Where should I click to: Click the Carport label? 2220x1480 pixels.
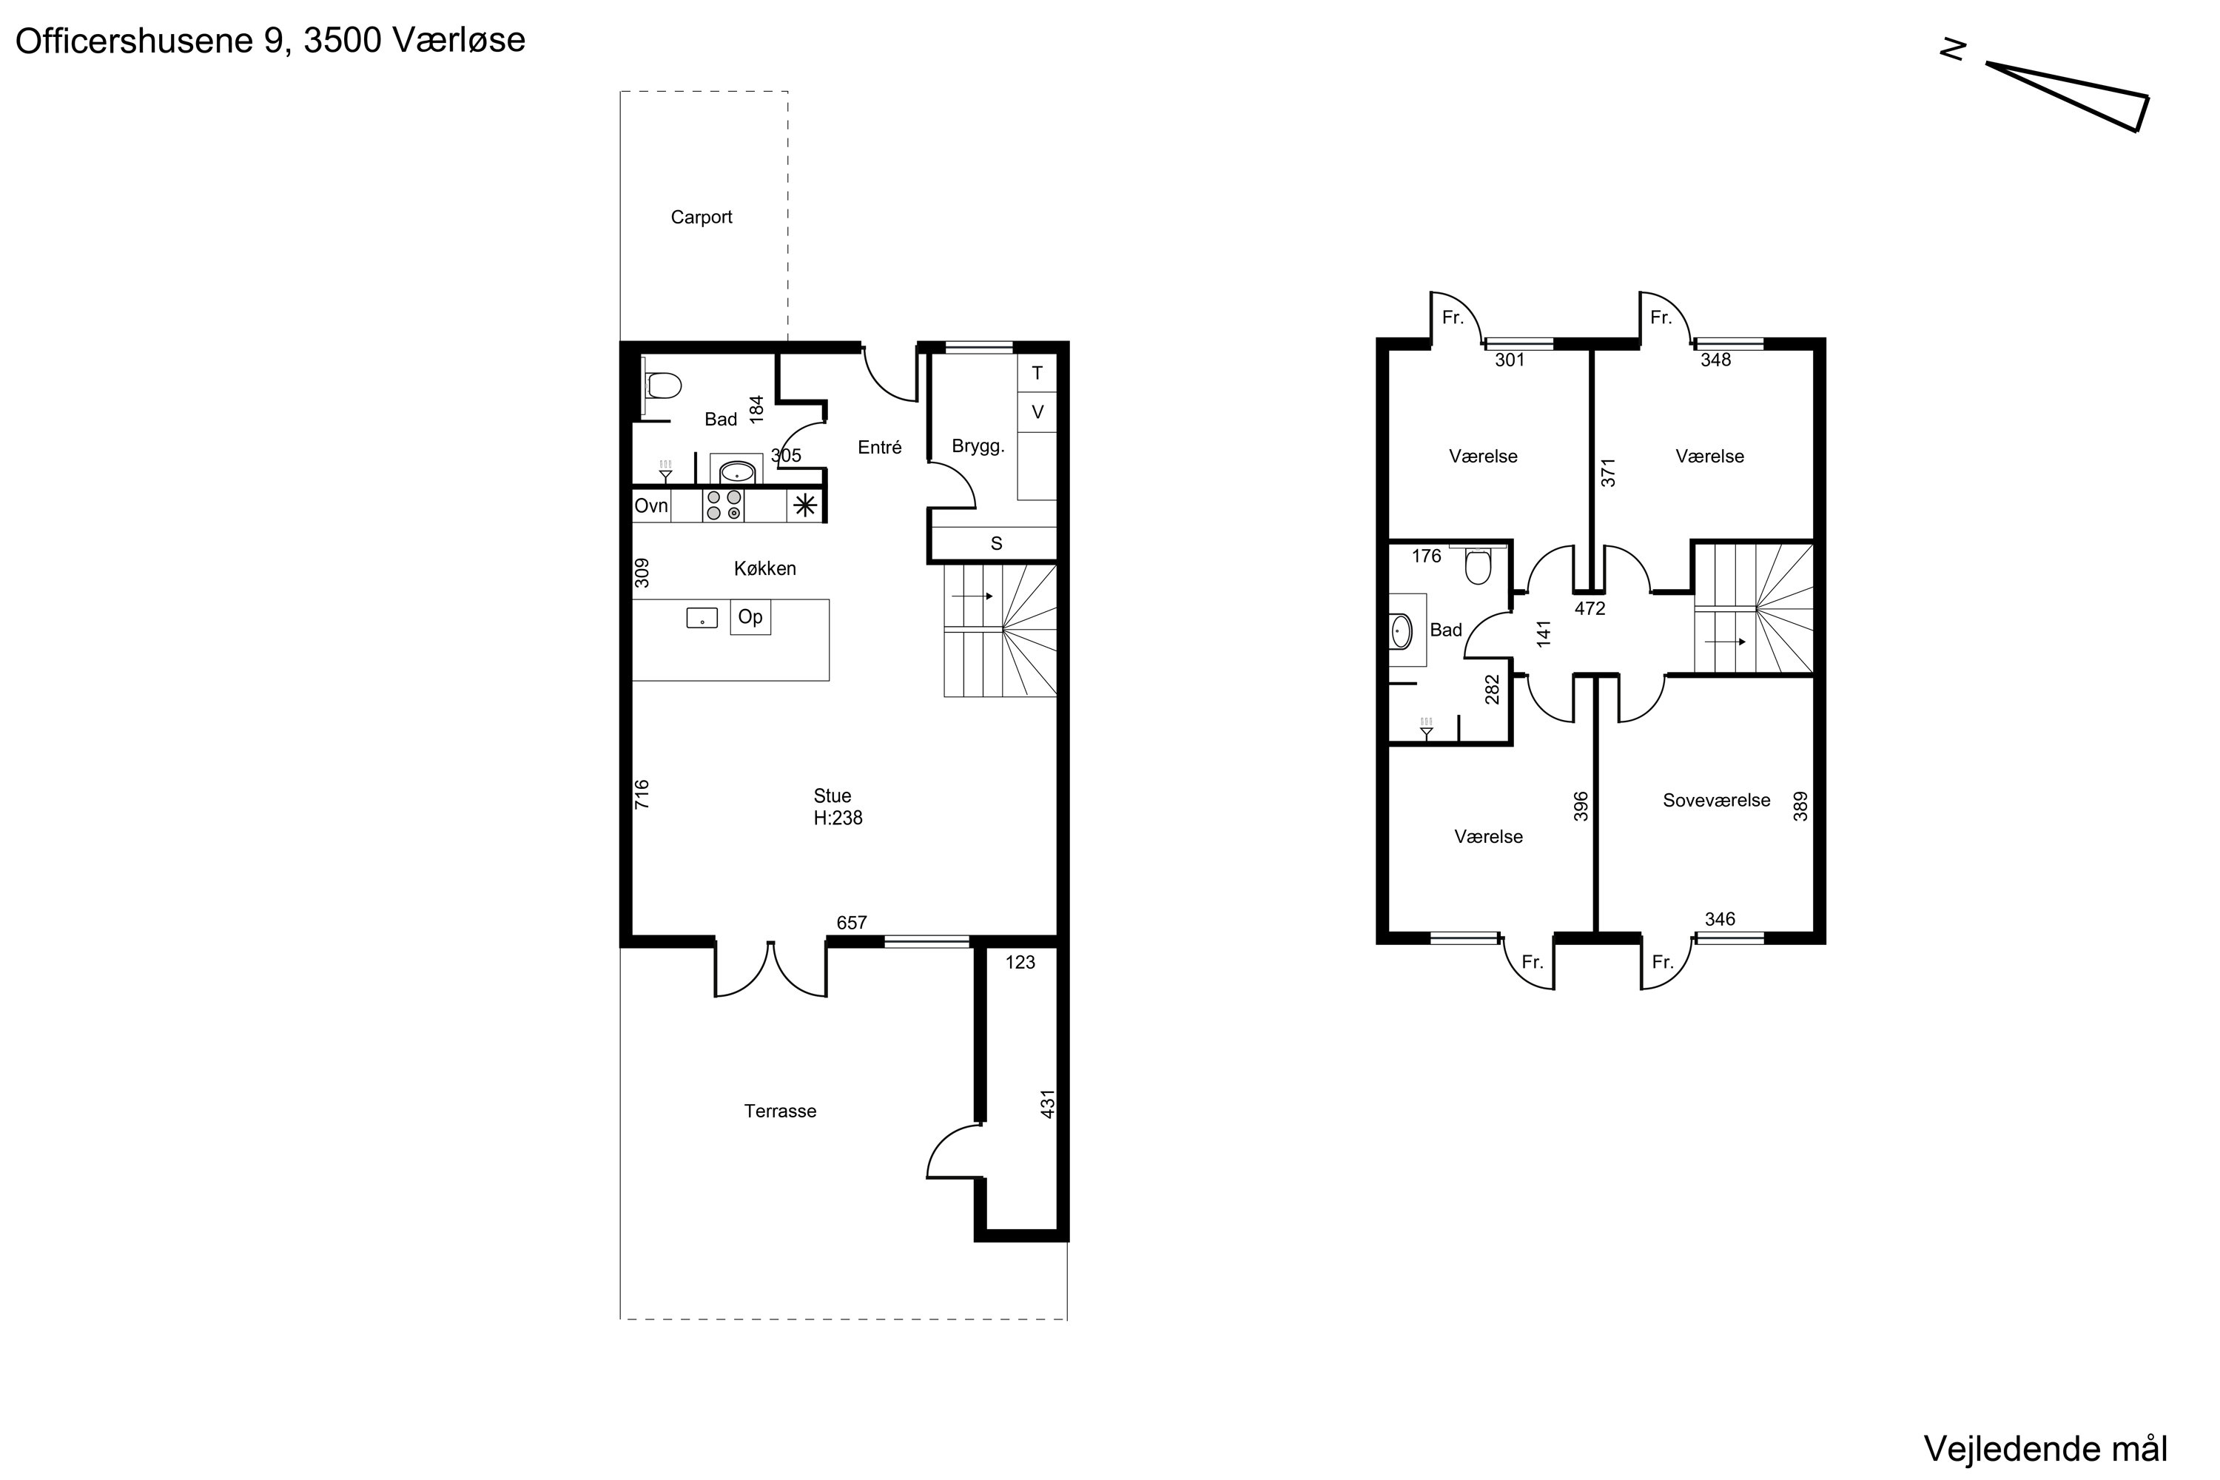point(702,217)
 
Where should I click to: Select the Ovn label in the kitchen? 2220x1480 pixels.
point(651,506)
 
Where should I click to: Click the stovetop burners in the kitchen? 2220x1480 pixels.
point(724,505)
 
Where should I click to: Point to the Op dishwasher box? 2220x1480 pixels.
point(750,617)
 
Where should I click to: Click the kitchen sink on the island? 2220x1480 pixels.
point(702,618)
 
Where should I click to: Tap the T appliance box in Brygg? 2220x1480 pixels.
point(1037,374)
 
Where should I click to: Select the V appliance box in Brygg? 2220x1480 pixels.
point(1037,412)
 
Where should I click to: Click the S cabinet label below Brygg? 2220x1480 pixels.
point(997,544)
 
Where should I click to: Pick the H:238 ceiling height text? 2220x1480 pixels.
point(838,818)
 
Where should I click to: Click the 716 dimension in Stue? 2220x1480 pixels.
point(642,794)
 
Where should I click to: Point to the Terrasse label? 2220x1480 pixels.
point(780,1111)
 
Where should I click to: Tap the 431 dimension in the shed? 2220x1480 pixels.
point(1048,1103)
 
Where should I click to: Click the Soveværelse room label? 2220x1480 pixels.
point(1716,801)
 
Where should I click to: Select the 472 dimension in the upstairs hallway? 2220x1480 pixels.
point(1590,609)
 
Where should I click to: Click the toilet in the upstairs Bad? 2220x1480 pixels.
point(1477,565)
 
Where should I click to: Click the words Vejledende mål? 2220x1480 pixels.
point(2045,1448)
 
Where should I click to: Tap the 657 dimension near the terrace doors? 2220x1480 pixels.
point(852,923)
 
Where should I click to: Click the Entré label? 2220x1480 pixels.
point(880,448)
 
